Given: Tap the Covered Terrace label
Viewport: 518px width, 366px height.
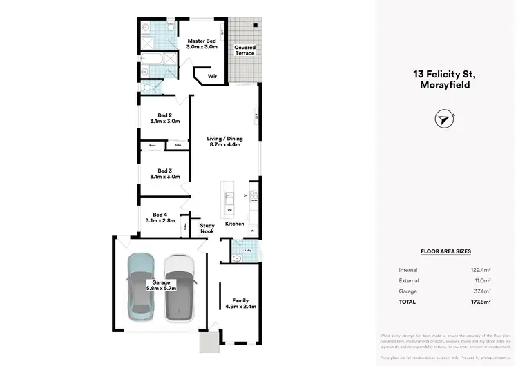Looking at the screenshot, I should [x=244, y=50].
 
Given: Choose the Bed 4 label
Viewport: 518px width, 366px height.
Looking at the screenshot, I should [x=160, y=218].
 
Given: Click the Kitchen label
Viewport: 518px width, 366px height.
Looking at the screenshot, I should [x=234, y=224].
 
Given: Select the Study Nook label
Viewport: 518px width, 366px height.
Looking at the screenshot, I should [x=207, y=229].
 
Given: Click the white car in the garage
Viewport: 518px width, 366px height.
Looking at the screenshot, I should [x=180, y=287].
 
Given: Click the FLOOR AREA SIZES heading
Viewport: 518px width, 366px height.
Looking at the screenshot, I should [x=445, y=252].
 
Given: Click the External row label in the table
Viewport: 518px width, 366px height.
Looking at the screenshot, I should [x=408, y=280].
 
